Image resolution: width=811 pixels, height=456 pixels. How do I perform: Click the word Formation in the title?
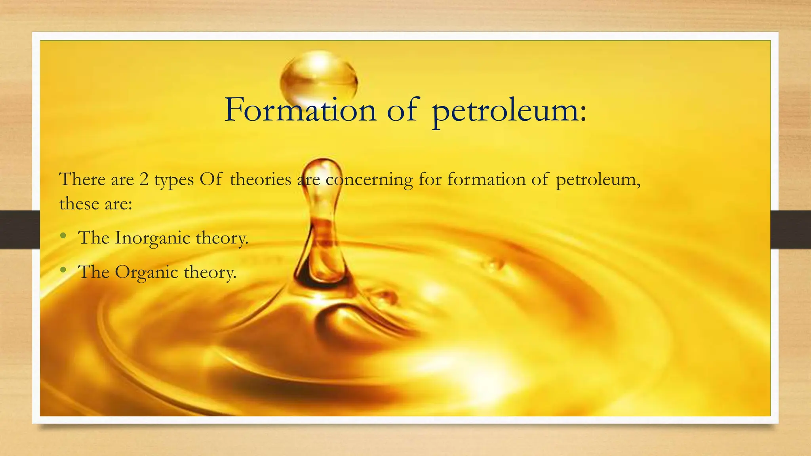[300, 110]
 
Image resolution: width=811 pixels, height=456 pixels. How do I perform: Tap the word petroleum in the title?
[509, 111]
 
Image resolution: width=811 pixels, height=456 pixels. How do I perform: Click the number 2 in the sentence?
[144, 179]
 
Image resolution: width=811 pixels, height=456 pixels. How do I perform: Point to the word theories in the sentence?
[261, 179]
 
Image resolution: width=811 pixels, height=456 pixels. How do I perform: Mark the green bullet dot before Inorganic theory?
[63, 236]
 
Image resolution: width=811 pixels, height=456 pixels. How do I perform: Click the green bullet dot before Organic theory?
[63, 271]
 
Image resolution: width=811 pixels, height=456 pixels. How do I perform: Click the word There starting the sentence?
[82, 179]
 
